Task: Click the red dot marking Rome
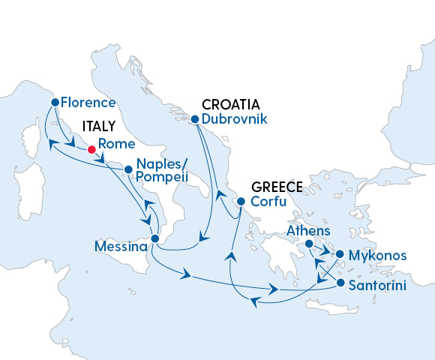click(91, 149)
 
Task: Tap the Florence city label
click(88, 103)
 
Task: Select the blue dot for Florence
click(55, 103)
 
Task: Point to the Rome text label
click(116, 144)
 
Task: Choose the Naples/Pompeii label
click(161, 176)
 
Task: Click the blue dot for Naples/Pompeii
click(129, 169)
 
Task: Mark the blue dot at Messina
click(154, 239)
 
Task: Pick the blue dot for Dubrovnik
click(194, 118)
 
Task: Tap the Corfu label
click(268, 201)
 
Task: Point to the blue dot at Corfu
click(241, 201)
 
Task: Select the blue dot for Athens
click(308, 244)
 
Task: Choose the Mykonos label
click(379, 256)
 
